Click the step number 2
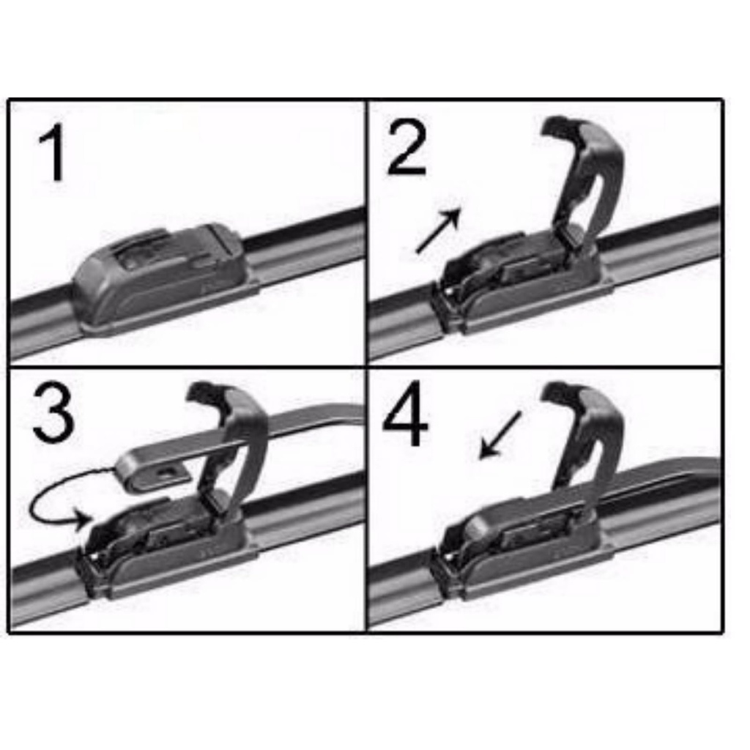point(406,147)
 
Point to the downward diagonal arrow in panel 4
point(500,434)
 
